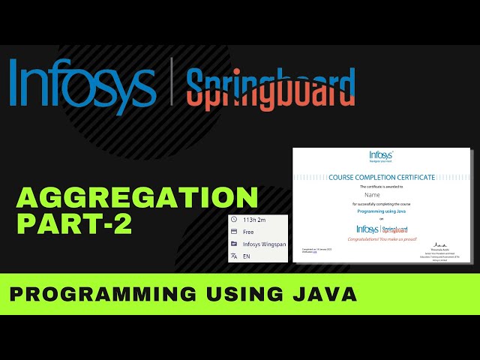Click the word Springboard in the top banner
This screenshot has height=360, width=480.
point(270,88)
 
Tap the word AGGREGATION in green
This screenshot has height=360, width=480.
point(137,198)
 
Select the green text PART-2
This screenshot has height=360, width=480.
point(75,224)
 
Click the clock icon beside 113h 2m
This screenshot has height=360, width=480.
point(234,220)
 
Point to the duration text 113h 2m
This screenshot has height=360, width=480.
point(255,220)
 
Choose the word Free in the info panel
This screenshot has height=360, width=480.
point(249,232)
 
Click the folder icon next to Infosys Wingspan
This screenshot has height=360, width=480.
point(234,244)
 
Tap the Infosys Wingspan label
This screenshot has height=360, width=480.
point(264,244)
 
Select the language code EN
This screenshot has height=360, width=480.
point(247,256)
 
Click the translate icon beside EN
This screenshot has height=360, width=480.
point(234,256)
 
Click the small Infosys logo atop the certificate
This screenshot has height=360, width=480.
point(381,156)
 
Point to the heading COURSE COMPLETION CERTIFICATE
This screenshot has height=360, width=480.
point(381,177)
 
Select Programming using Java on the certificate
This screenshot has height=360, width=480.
point(381,212)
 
